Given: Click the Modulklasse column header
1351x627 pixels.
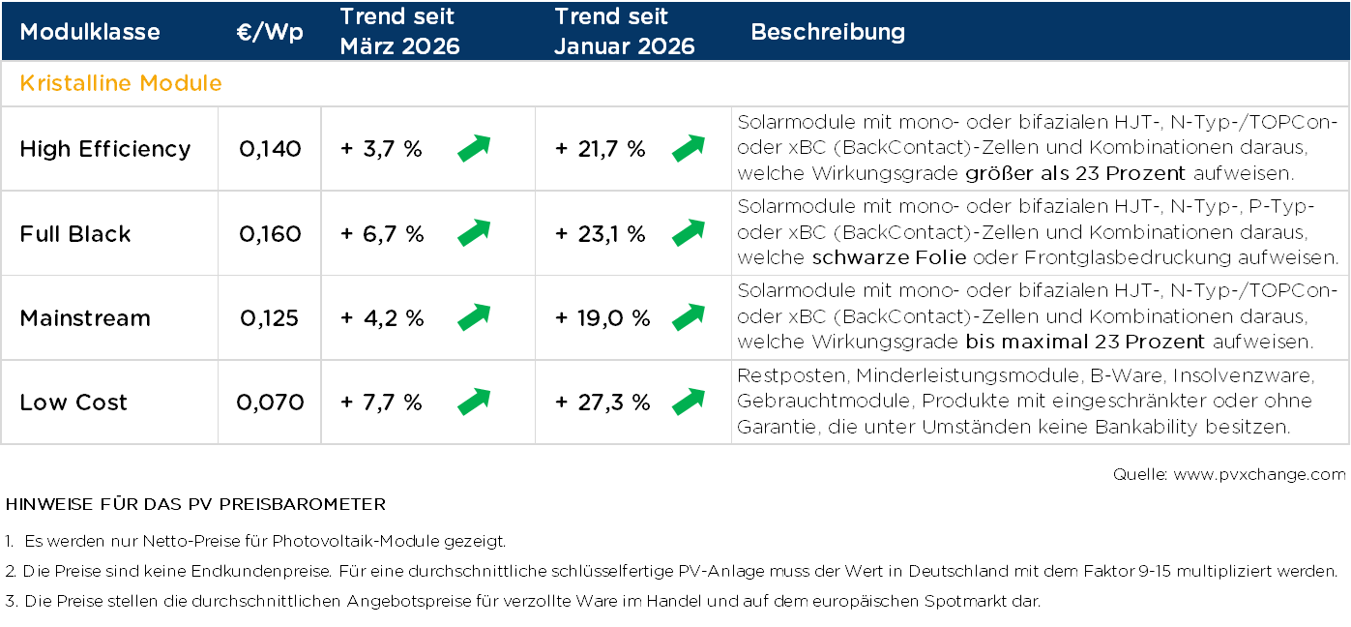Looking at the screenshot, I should tap(90, 32).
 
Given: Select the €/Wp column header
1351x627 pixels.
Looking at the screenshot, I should tap(270, 32).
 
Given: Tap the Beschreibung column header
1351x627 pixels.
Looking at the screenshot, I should tap(828, 32).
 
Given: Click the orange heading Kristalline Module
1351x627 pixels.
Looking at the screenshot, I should tap(121, 83).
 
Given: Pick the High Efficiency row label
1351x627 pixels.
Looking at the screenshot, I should tap(105, 149).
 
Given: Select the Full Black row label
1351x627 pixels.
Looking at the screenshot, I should tap(75, 234).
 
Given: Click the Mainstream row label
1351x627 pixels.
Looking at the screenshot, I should tap(85, 318).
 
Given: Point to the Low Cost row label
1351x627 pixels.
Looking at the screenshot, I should tap(73, 403).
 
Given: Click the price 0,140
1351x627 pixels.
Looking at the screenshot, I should tap(270, 149).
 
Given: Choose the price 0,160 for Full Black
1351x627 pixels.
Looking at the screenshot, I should tap(270, 234).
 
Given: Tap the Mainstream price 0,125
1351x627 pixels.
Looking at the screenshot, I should tap(270, 318).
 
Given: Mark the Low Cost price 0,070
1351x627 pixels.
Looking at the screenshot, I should tap(270, 403).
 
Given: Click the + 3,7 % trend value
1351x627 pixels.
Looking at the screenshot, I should tap(381, 149).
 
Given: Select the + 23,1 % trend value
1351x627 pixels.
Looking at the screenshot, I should tap(600, 234).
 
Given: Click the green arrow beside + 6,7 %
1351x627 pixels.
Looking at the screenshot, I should tap(474, 233).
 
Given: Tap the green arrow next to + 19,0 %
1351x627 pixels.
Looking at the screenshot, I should tap(689, 317).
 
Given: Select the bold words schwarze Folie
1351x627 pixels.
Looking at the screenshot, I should tap(887, 257).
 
